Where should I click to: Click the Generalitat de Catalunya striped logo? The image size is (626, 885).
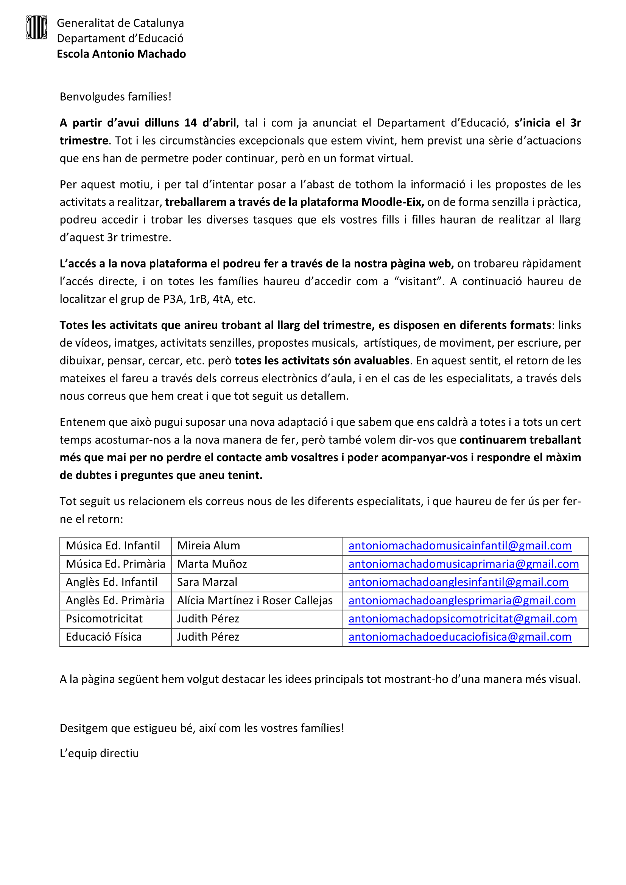[37, 27]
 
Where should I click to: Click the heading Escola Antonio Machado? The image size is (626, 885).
[121, 54]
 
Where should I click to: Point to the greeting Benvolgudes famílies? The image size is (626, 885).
[115, 96]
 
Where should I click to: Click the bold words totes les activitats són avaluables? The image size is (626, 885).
[322, 361]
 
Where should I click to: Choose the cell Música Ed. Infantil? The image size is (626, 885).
[113, 546]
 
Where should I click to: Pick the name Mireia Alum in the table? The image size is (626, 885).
[209, 546]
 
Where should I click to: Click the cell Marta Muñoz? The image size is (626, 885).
[212, 564]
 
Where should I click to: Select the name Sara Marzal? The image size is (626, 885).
[207, 582]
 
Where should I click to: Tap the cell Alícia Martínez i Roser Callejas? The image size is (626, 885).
[255, 600]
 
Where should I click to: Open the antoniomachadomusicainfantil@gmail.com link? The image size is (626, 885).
[460, 546]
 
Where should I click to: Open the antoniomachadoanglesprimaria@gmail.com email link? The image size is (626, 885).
[462, 600]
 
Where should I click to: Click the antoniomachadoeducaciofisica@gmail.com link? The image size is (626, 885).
[460, 637]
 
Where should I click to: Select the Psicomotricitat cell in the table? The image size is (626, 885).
[104, 619]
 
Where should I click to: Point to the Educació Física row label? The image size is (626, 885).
[104, 637]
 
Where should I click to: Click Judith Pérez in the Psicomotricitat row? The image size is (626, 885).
[208, 619]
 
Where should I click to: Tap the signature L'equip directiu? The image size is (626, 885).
[99, 753]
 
